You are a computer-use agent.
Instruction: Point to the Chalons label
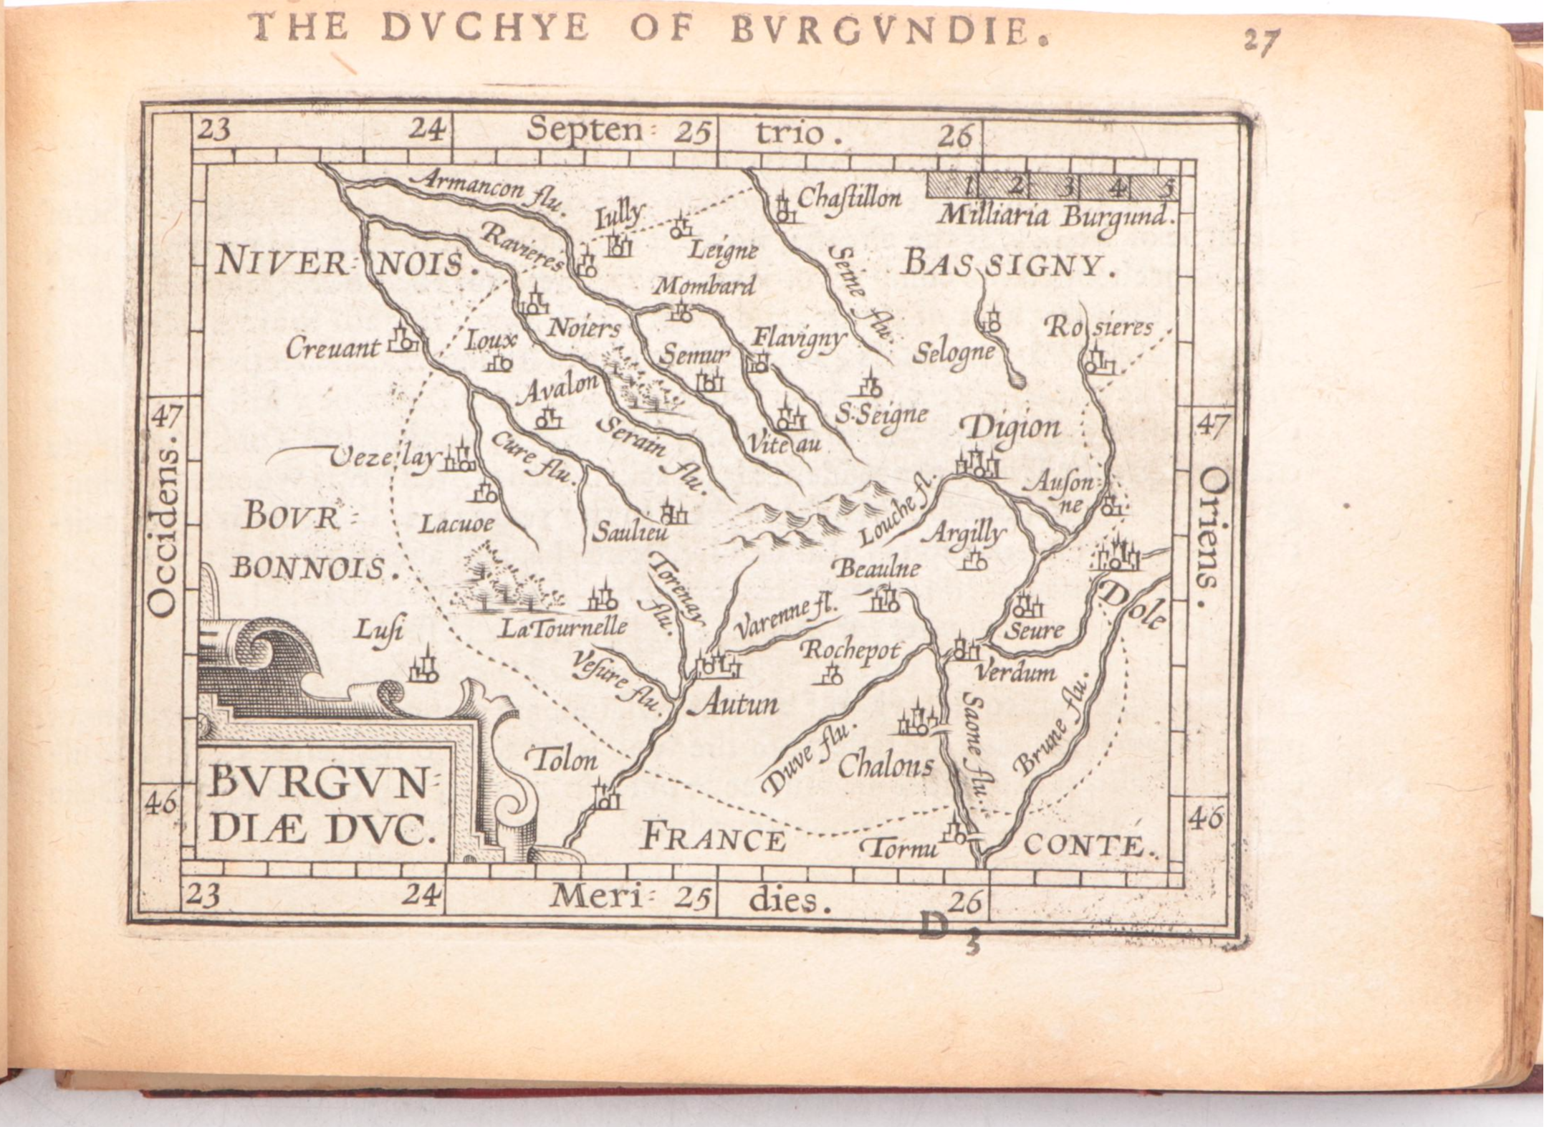[886, 767]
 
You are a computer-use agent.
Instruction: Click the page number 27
[1260, 42]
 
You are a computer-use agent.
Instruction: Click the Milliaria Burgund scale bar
[1052, 187]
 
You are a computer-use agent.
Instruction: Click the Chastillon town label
[848, 197]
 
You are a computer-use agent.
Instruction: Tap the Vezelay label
[383, 459]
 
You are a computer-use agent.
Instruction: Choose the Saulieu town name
[630, 532]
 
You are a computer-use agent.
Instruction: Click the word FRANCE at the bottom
[712, 838]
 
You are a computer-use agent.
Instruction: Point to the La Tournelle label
[563, 628]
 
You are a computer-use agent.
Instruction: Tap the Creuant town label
[332, 349]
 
